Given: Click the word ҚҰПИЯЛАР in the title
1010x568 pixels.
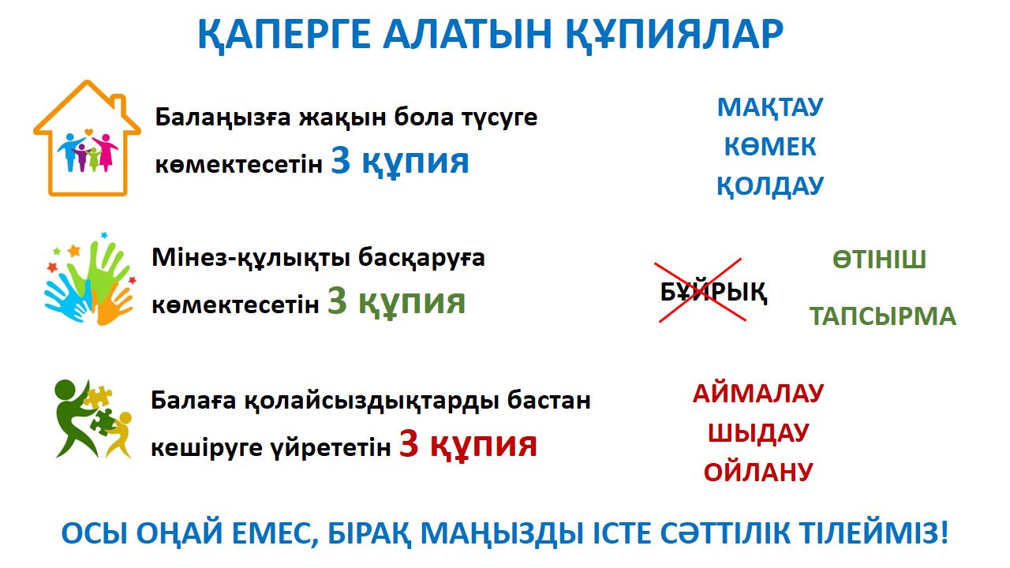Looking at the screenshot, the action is pos(674,35).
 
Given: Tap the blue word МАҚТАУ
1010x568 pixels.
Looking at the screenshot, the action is pos(770,108).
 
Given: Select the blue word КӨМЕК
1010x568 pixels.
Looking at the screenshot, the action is pos(770,147).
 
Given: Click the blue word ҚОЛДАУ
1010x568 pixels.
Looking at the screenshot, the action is pos(770,186).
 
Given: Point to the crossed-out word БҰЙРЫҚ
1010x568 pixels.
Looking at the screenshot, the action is pos(713,293).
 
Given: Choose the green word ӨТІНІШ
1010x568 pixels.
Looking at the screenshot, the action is pos(879,260).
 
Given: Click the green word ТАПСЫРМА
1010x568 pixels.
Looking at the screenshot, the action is pos(883,316).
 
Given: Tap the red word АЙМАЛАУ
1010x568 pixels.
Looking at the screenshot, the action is pos(758,394).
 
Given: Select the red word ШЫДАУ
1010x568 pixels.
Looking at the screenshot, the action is pos(758,433).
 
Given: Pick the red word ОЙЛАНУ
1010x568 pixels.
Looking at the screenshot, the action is pos(758,473).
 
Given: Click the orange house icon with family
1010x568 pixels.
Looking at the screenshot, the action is pos(87,138).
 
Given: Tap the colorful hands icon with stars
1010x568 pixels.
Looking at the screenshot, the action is pos(90,278).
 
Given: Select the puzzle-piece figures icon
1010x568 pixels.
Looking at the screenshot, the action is pos(93,419).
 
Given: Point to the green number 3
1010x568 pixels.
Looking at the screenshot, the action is pos(337,301).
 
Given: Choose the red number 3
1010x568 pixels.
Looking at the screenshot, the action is pos(409,443).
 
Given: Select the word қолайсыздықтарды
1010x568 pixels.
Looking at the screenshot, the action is pos(372,401).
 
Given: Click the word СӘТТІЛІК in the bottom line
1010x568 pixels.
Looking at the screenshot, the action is pos(725,533).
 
